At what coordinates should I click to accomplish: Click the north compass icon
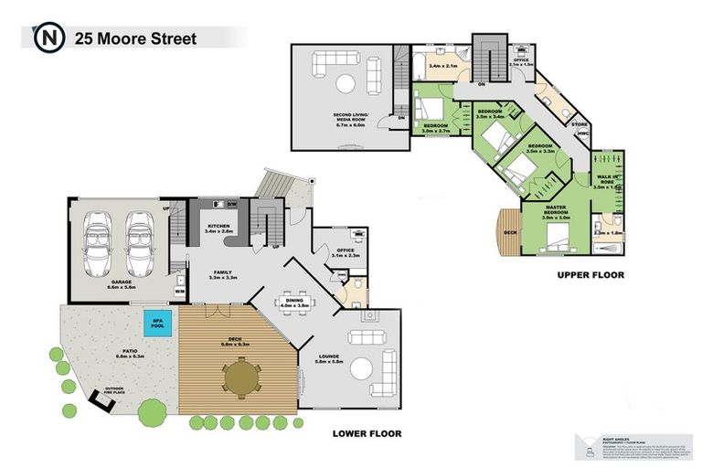[45, 38]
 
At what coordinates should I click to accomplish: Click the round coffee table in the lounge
[364, 368]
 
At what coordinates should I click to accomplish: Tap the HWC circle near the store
[583, 133]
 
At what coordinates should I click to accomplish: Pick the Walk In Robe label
[606, 179]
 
